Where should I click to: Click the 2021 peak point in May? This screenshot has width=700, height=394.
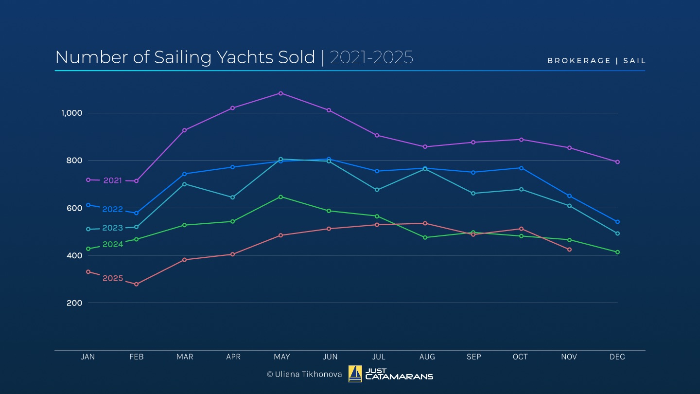[x=280, y=93]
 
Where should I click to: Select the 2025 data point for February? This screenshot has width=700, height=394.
[x=136, y=284]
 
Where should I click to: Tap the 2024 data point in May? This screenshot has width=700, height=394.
[x=280, y=197]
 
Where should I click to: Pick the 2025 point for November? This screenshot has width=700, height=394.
[x=569, y=250]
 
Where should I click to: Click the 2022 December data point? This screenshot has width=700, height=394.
[x=617, y=222]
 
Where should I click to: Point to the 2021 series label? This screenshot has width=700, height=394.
[x=113, y=180]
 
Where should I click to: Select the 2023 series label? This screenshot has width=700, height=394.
[x=113, y=228]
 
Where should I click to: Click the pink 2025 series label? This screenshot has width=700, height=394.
[x=113, y=278]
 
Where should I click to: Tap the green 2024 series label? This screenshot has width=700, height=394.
[x=113, y=244]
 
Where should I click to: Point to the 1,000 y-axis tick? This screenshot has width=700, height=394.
[x=72, y=113]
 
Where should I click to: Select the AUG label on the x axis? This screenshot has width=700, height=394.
[x=427, y=357]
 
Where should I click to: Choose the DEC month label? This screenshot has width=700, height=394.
[x=617, y=357]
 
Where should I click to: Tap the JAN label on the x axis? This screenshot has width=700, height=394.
[x=88, y=357]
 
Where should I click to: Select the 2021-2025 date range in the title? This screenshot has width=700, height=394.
[x=371, y=57]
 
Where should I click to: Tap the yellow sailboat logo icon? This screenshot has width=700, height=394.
[x=355, y=374]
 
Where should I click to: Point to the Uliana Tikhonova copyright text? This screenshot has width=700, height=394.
[x=304, y=374]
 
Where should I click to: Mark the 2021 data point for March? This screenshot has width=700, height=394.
[x=184, y=130]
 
